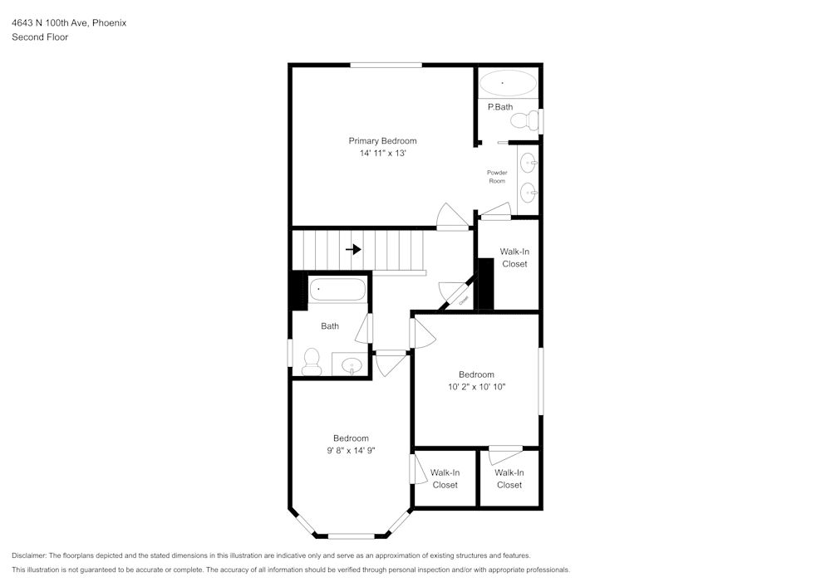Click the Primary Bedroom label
(382, 141)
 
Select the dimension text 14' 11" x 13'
(382, 154)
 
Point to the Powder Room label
(497, 176)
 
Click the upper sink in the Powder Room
(528, 162)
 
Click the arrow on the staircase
(353, 249)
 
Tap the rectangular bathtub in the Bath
(338, 291)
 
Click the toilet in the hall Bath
(312, 360)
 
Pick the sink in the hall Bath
(352, 364)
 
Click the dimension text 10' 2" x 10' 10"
(476, 387)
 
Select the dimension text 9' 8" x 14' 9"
(351, 451)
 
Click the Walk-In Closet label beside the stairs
(514, 257)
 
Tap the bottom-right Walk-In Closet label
(509, 478)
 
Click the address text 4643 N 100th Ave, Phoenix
(69, 23)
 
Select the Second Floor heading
(40, 37)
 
